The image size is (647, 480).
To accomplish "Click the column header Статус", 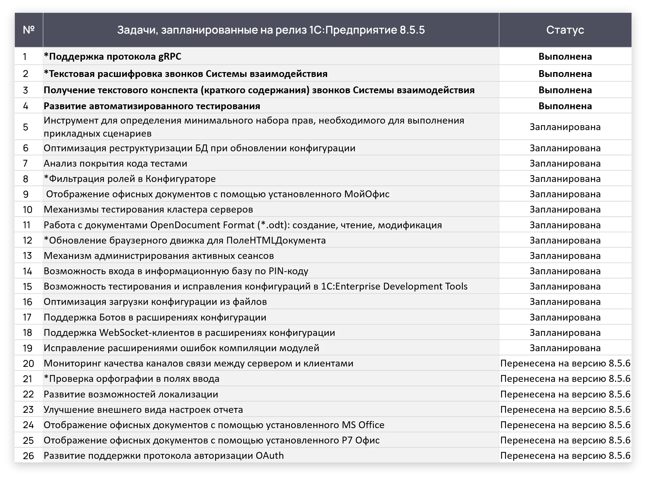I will tap(565, 30).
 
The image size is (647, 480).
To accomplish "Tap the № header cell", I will tap(29, 30).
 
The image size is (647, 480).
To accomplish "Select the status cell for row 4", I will tap(565, 106).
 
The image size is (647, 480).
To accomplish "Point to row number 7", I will tap(26, 163).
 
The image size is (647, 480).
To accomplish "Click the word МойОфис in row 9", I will tap(367, 194).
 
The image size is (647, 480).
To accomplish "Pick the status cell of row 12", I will tap(565, 240).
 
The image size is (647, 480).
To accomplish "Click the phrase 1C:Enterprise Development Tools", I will tap(394, 286).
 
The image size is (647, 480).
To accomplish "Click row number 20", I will tap(28, 364).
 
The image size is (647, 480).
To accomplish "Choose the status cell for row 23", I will tap(565, 410).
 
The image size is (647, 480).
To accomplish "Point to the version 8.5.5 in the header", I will tap(412, 30).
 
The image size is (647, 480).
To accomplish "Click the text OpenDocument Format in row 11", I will tap(202, 225).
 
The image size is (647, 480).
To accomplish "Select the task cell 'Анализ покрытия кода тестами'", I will tap(116, 163).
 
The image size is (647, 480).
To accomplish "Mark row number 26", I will tap(28, 456).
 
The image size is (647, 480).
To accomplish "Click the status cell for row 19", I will tap(565, 348).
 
